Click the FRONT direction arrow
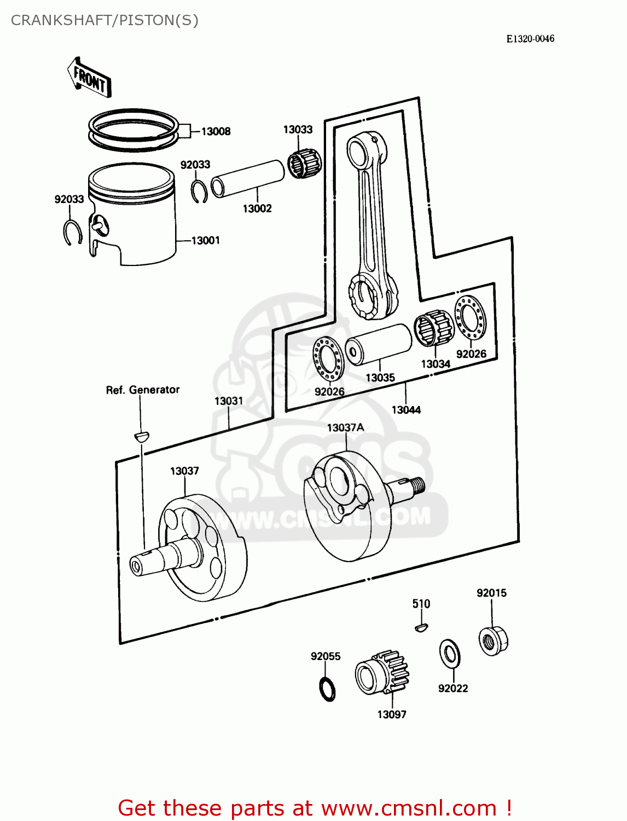coord(89,79)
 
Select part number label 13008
coord(216,131)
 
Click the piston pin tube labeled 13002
coord(247,178)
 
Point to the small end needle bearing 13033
coord(304,163)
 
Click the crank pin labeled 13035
coord(379,344)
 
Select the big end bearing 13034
coord(434,328)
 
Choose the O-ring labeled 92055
coord(327,689)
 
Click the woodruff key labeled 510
coord(421,628)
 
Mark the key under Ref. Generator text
coord(141,436)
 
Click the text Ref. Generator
coord(142,390)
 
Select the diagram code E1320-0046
coord(530,38)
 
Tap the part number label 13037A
coord(345,427)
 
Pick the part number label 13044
coord(406,410)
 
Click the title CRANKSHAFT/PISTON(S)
coord(104,20)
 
